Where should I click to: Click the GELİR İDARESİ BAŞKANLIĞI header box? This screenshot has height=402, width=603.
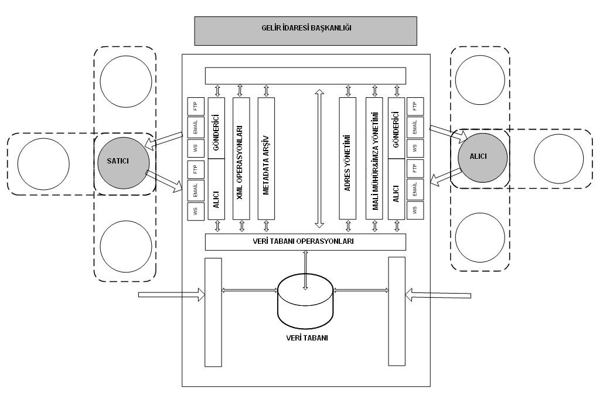tap(306, 31)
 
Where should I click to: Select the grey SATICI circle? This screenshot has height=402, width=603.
tap(124, 163)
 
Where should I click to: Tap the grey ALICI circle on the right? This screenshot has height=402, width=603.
tap(483, 158)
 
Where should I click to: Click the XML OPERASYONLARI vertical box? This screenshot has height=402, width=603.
tap(241, 158)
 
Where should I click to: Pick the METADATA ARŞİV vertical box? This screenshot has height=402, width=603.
tap(266, 158)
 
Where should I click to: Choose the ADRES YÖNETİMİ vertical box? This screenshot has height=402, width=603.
tap(348, 158)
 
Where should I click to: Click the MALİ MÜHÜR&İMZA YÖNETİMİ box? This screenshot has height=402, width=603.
tap(374, 158)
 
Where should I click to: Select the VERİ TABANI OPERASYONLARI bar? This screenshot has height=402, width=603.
tap(305, 241)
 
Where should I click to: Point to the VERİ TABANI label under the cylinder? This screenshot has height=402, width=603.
tap(307, 338)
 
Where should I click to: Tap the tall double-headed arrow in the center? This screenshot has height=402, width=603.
tap(319, 158)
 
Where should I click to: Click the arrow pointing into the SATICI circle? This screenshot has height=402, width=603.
tap(163, 140)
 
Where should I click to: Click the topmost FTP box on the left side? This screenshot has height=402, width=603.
tap(195, 107)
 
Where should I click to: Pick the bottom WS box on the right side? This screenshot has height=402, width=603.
tap(415, 210)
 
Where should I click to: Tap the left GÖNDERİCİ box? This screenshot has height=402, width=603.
tap(216, 128)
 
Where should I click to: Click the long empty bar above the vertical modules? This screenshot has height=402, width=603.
tap(305, 76)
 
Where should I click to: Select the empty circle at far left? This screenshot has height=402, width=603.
tap(43, 164)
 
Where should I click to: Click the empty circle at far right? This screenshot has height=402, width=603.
tap(559, 159)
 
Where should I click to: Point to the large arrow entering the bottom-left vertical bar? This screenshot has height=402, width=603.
tap(172, 295)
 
